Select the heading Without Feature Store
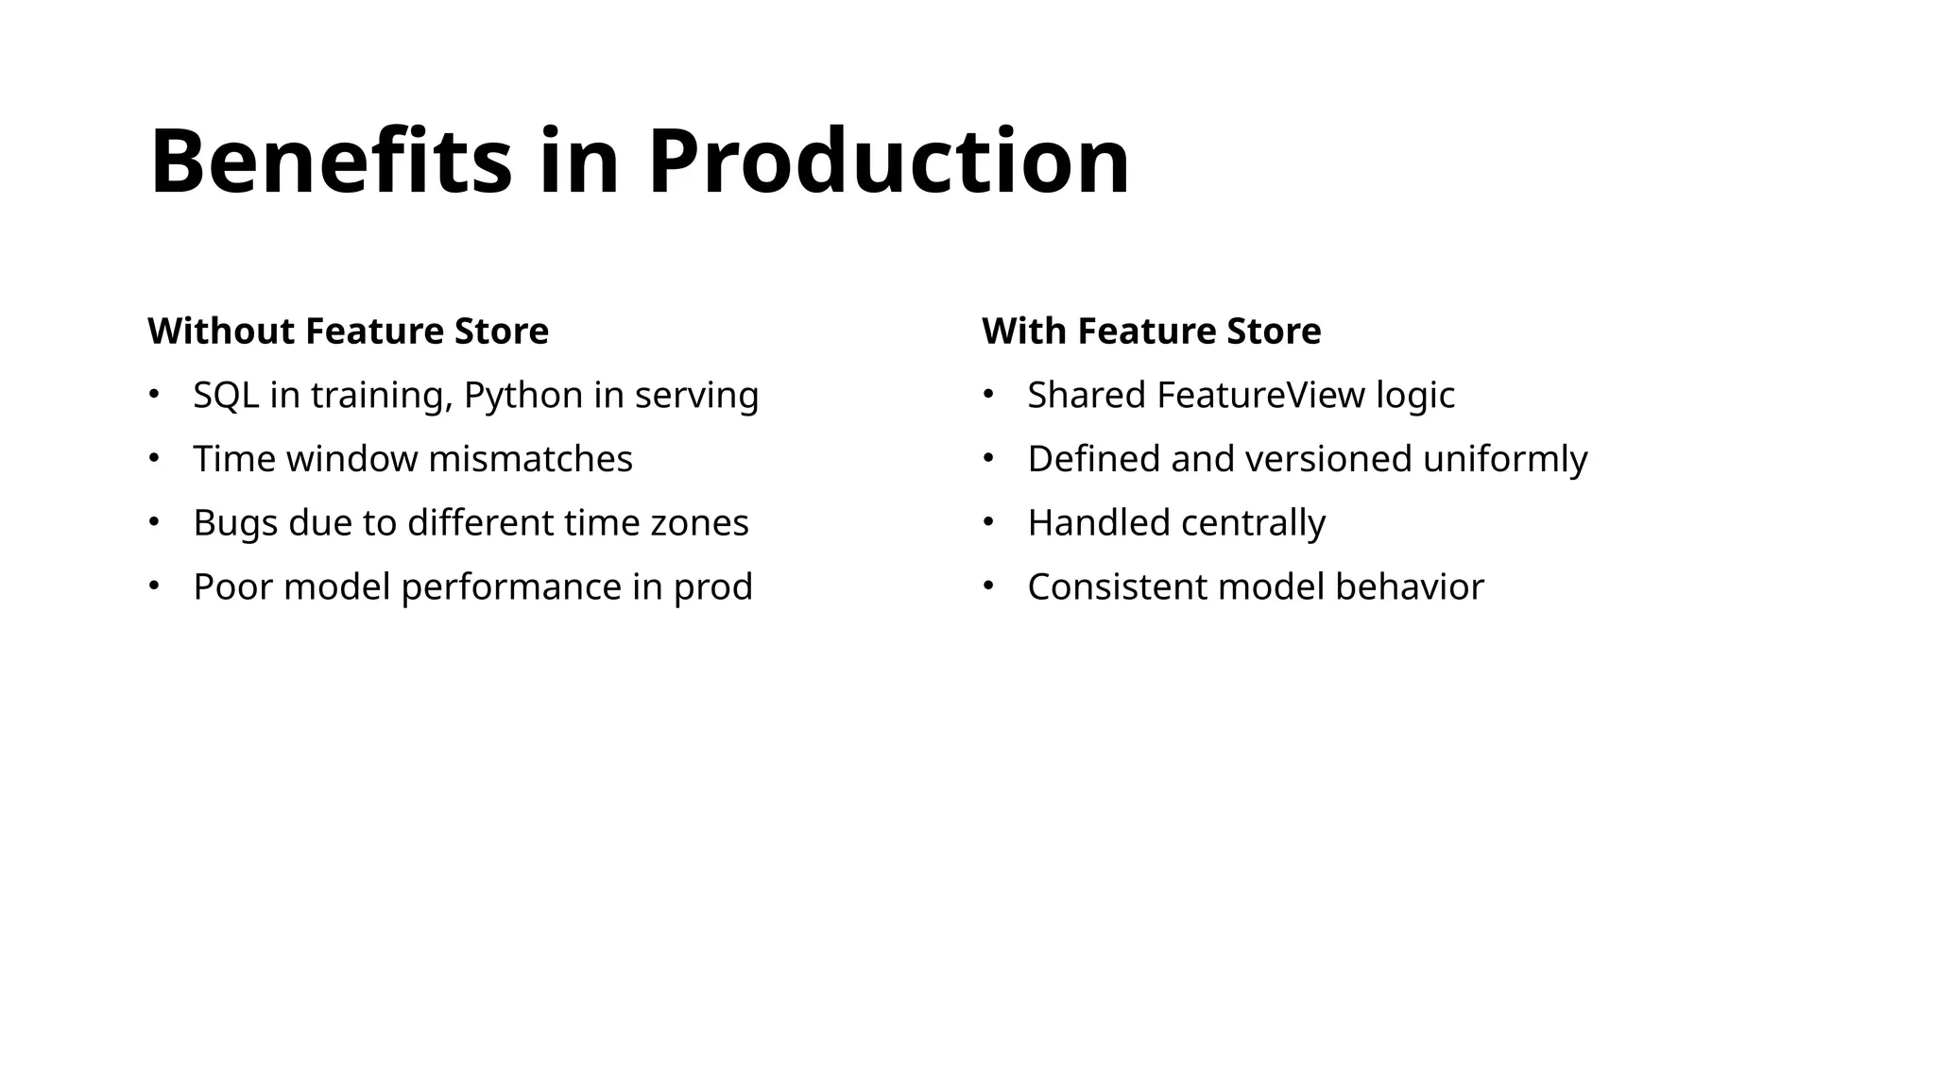click(348, 331)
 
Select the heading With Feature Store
click(1151, 331)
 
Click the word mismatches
click(530, 459)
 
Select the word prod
click(712, 587)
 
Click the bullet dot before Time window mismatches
click(154, 459)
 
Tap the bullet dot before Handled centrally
click(988, 522)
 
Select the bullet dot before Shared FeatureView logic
click(988, 395)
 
